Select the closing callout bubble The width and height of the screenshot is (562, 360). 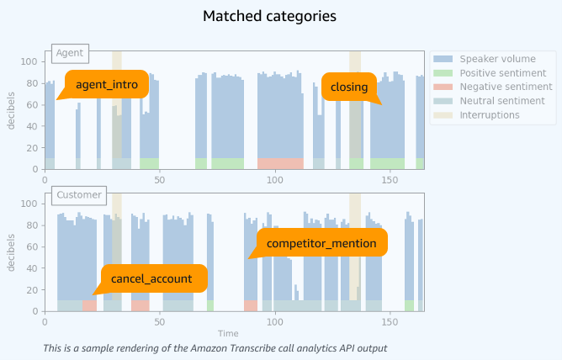[x=348, y=86]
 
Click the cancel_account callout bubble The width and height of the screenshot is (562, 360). [x=151, y=278]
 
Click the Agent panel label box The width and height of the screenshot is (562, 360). [x=69, y=53]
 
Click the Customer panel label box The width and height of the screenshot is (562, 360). [x=78, y=195]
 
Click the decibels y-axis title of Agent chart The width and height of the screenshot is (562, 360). [x=12, y=111]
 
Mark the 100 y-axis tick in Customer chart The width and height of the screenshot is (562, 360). [x=30, y=204]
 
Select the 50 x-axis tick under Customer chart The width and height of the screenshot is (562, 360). [x=159, y=321]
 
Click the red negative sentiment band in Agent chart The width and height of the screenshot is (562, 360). [x=279, y=163]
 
